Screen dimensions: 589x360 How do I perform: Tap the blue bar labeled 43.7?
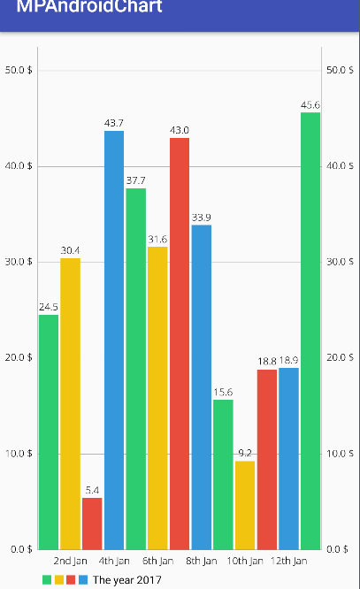point(114,340)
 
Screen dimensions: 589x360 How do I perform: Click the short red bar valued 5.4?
point(92,524)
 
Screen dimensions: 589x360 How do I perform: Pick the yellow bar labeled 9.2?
point(245,505)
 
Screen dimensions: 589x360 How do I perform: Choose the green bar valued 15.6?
point(223,475)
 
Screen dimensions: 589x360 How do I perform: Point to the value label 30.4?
point(71,250)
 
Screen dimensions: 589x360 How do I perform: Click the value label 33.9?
point(201,218)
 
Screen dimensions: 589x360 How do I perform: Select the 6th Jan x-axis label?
point(157,561)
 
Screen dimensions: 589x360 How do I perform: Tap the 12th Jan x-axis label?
point(288,561)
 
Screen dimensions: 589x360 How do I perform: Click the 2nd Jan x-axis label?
point(71,561)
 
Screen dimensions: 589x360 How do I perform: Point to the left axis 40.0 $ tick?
point(19,166)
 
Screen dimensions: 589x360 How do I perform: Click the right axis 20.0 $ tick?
point(341,358)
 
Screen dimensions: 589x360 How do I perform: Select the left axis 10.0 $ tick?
point(19,454)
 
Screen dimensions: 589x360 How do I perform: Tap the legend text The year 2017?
point(127,580)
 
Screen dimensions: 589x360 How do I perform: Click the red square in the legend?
point(71,580)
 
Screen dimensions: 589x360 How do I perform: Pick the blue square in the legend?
point(83,580)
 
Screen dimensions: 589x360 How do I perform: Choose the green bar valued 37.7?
point(136,369)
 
